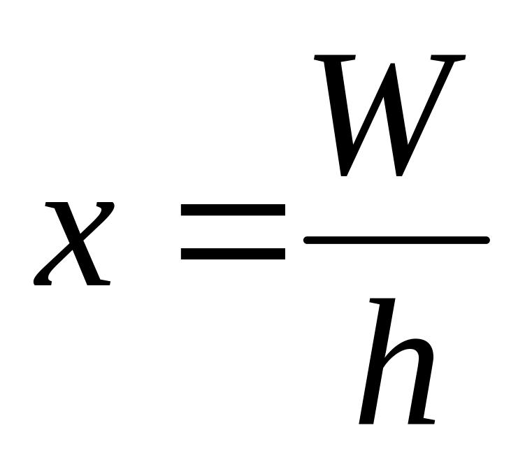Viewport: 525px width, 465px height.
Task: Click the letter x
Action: click(x=73, y=243)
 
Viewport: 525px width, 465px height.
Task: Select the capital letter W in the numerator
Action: click(x=389, y=115)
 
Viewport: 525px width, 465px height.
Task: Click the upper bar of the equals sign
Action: click(x=232, y=210)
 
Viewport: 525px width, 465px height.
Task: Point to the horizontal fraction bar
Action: click(x=396, y=241)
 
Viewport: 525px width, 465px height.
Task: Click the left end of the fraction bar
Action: click(x=308, y=241)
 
